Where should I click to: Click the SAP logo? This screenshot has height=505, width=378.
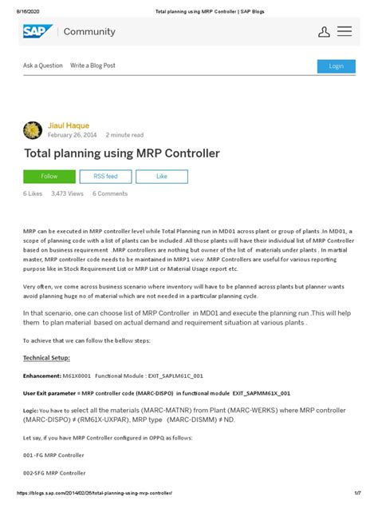click(x=37, y=32)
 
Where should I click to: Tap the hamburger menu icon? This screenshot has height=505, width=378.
click(x=345, y=32)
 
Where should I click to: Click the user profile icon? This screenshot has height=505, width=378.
click(x=324, y=32)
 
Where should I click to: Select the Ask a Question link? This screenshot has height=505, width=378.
click(x=42, y=66)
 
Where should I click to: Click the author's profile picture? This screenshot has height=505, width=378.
click(x=33, y=130)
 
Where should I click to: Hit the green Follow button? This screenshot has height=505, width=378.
click(x=49, y=176)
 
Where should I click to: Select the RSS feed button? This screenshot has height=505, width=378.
click(x=105, y=176)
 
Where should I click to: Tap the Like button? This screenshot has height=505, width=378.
click(x=162, y=176)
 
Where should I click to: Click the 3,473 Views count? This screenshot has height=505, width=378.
click(x=67, y=193)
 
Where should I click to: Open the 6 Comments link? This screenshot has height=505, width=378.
click(x=110, y=193)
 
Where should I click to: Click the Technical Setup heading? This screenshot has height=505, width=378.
click(x=46, y=358)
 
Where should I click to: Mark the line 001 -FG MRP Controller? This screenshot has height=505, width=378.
click(x=53, y=455)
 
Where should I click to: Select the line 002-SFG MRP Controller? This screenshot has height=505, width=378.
click(x=54, y=473)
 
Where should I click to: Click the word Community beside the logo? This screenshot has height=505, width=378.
click(x=90, y=32)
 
